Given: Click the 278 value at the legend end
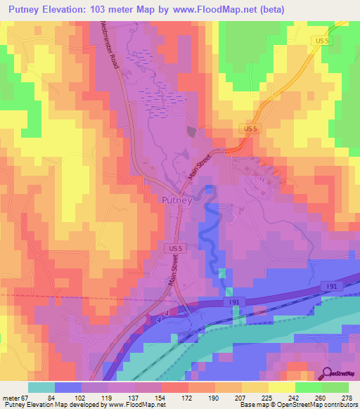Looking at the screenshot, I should point(348,398).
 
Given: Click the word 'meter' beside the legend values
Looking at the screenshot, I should point(8,398).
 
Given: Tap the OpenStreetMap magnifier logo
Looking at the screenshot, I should point(328,374).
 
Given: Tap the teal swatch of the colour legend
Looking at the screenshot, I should point(41,387).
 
